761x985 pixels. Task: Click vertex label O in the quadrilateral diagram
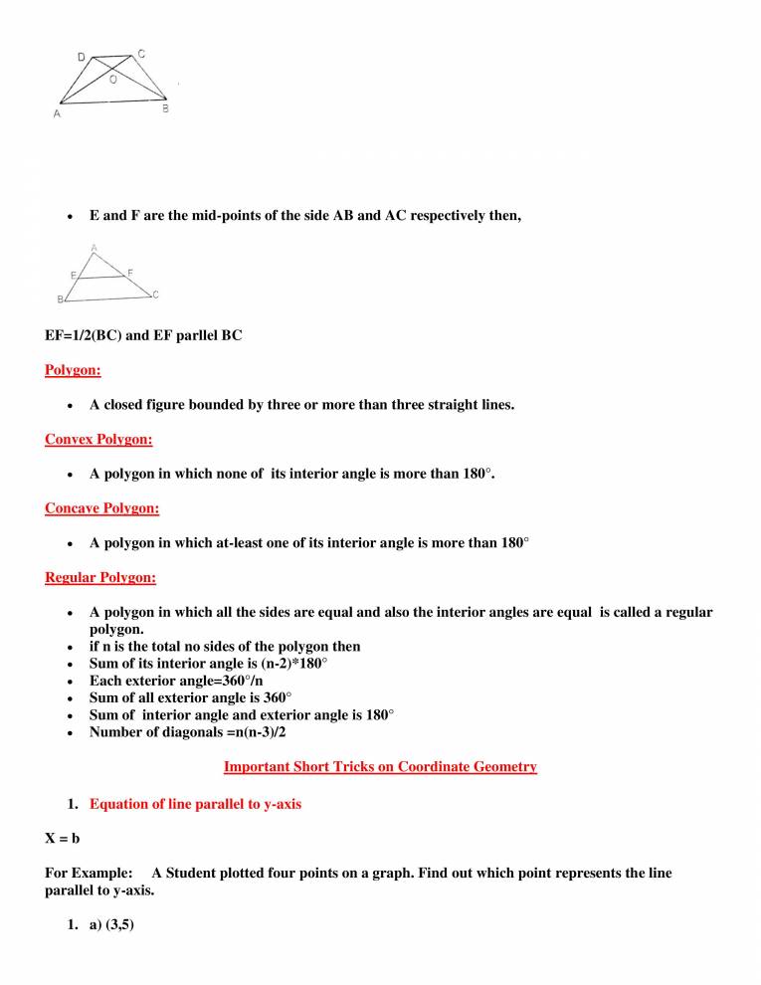point(112,80)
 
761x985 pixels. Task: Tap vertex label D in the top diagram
point(81,58)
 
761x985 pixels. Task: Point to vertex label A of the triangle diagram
point(95,248)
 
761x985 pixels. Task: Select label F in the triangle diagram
point(131,272)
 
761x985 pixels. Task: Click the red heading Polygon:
point(73,371)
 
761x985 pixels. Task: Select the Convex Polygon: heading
point(98,439)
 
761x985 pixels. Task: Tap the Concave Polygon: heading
point(101,508)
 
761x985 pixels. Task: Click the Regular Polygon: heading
point(100,577)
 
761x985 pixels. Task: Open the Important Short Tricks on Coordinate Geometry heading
point(380,766)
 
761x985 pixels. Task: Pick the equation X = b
point(63,839)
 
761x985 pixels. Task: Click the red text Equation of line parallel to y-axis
point(195,804)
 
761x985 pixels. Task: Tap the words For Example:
point(89,873)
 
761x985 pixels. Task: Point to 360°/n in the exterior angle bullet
point(236,681)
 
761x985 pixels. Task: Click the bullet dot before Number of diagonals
point(69,733)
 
